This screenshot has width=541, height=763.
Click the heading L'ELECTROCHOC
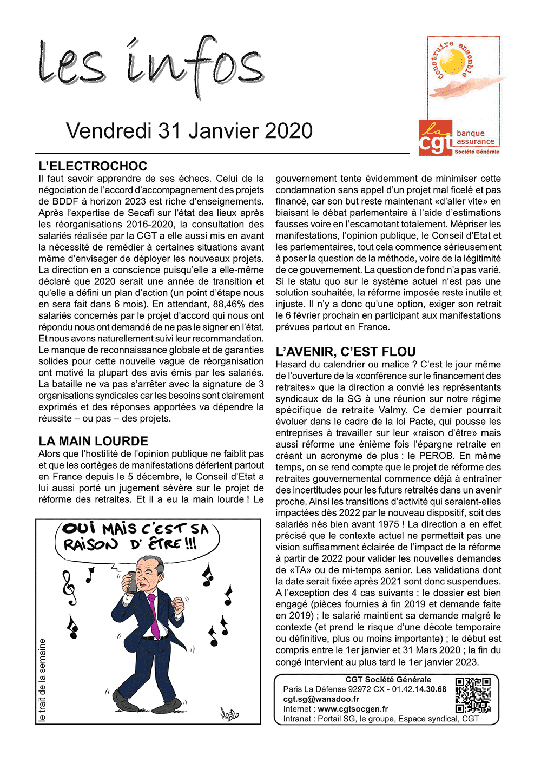[x=93, y=166]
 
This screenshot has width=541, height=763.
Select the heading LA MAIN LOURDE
[x=93, y=441]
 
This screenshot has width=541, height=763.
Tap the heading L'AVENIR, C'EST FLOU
[x=346, y=352]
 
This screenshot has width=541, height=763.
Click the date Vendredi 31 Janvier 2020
[x=189, y=131]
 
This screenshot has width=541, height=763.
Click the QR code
[x=473, y=695]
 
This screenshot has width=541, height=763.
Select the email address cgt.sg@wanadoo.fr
[x=321, y=699]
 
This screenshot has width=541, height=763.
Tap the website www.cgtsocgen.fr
[x=353, y=709]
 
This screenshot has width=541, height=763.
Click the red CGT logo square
[x=436, y=138]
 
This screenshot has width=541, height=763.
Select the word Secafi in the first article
[x=142, y=213]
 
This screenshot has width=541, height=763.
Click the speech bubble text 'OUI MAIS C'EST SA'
[x=135, y=529]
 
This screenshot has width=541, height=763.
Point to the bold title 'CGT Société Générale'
[x=388, y=680]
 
